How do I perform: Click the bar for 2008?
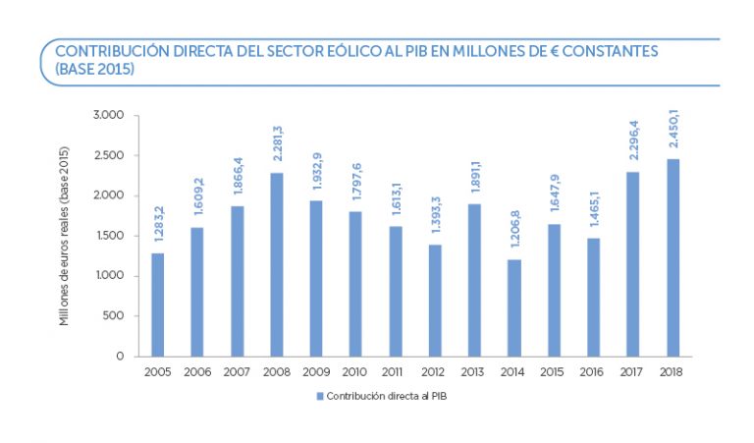tap(277, 264)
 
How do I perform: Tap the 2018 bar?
tap(673, 257)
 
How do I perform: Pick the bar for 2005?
tap(158, 305)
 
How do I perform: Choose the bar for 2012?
tap(435, 300)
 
